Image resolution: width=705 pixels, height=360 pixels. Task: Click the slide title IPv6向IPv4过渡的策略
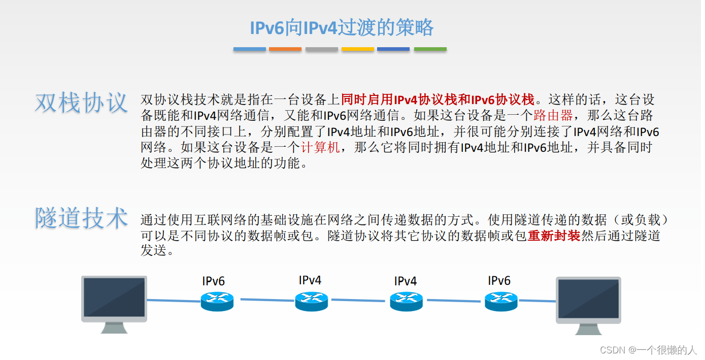342,28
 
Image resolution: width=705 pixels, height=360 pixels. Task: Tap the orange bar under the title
285,49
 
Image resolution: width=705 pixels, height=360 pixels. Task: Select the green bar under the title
430,49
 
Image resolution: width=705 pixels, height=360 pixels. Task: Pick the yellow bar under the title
358,49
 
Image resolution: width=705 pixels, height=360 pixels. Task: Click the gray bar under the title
322,49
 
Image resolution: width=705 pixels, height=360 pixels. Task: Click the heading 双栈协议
81,103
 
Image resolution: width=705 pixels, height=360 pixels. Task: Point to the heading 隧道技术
81,219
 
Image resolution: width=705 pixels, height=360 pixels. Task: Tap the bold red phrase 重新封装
554,236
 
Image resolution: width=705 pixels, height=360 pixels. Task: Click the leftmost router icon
217,301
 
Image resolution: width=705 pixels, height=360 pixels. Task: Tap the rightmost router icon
501,302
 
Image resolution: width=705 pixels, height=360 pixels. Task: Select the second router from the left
311,301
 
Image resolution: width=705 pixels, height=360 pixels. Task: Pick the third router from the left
406,301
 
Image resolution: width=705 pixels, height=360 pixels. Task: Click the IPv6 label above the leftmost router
213,281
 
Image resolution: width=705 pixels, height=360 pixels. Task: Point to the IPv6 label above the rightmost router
499,280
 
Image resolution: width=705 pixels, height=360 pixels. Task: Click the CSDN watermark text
648,350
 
